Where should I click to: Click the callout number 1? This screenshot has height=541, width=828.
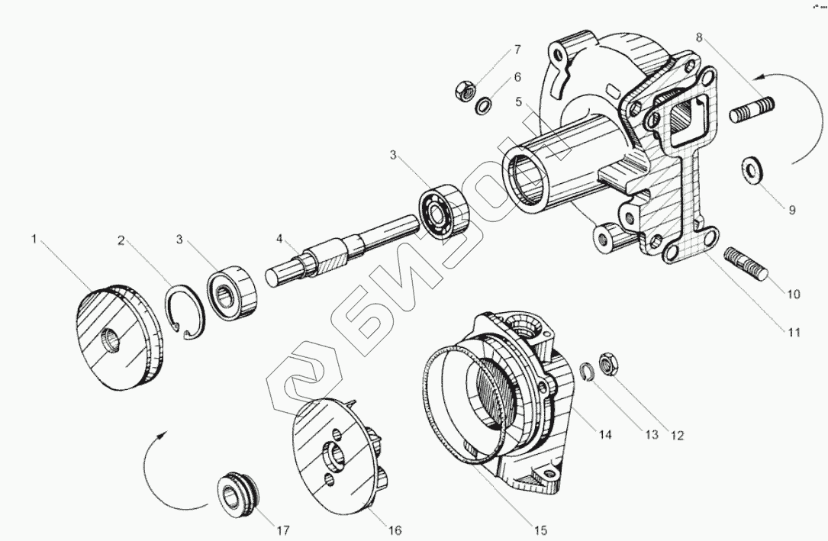click(x=34, y=240)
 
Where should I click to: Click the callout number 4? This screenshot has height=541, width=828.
click(x=280, y=240)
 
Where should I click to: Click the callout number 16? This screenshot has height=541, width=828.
click(x=395, y=530)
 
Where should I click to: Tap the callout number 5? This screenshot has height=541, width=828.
click(x=518, y=101)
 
